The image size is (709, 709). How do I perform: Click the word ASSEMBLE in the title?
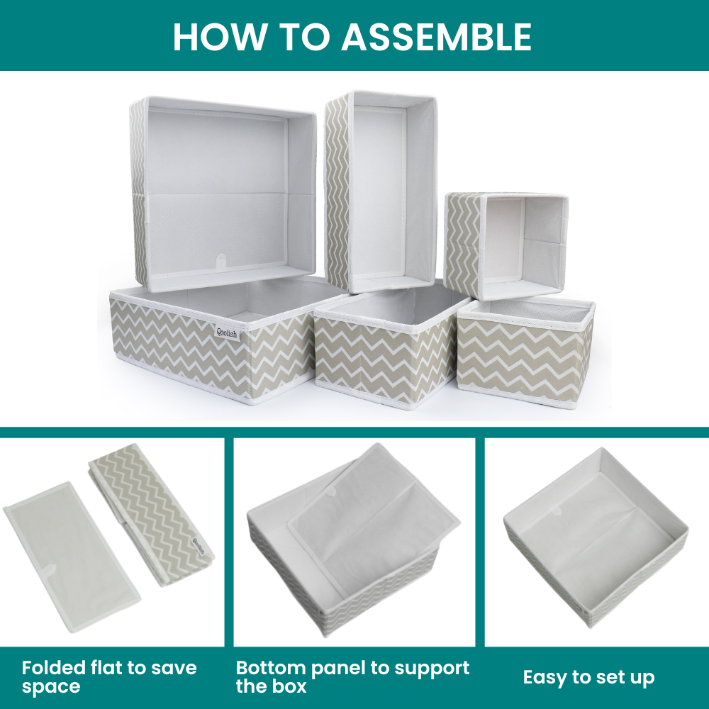coord(436,36)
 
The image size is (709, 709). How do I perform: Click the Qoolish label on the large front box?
coord(227,333)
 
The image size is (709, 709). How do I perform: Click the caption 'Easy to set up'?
coord(588,677)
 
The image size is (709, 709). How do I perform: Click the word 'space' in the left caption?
coord(50,687)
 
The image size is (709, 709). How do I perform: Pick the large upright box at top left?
coord(223,194)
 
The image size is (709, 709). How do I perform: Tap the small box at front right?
coord(525,352)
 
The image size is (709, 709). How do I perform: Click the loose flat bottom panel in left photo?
coord(72,555)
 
